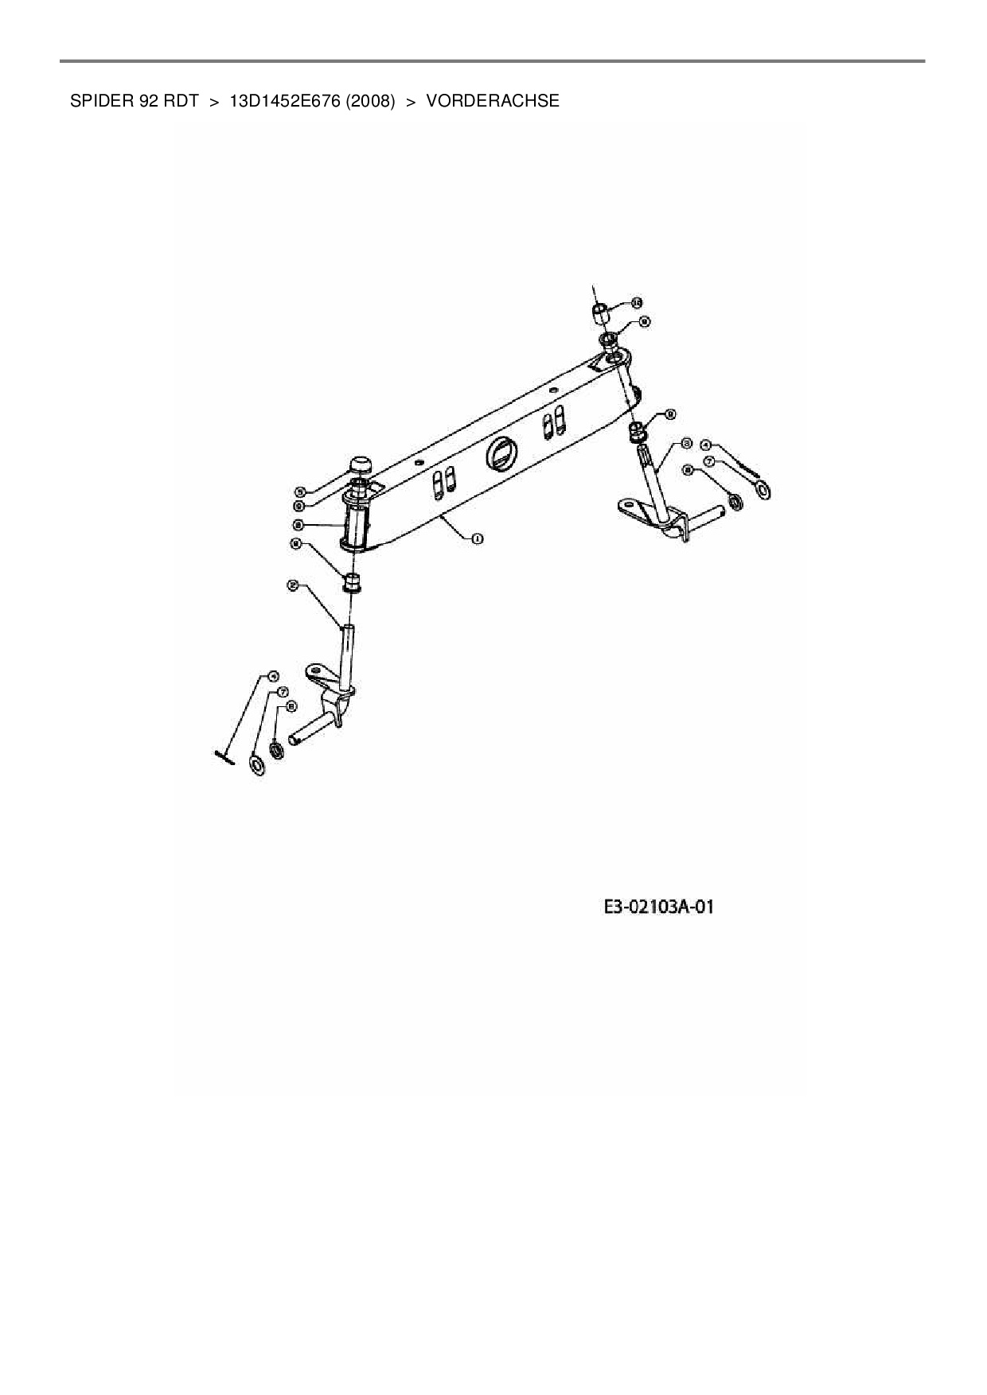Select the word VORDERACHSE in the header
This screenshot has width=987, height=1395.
[493, 101]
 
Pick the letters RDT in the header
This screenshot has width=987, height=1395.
[181, 101]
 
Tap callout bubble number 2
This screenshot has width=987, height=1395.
[293, 585]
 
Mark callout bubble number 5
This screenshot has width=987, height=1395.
[299, 492]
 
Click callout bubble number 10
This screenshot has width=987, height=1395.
[636, 302]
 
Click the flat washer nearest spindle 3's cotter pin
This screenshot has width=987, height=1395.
[763, 488]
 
